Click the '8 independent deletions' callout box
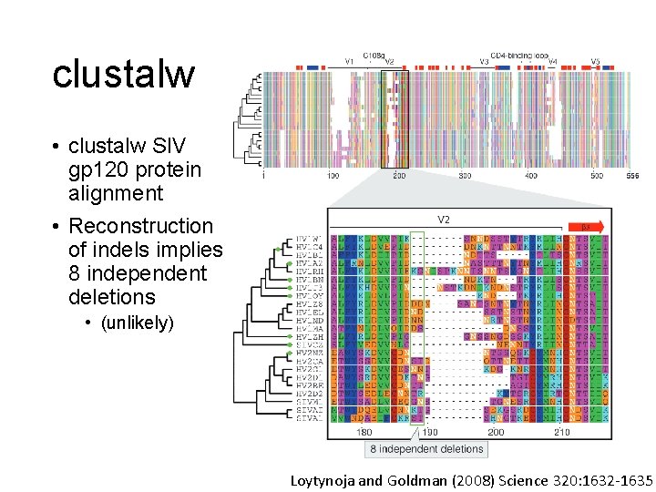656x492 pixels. point(426,449)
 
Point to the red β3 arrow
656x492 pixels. point(586,227)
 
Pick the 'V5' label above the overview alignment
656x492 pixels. point(595,62)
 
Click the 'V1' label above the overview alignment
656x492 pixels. point(348,61)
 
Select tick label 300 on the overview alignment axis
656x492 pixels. point(466,175)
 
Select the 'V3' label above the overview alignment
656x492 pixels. point(485,62)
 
